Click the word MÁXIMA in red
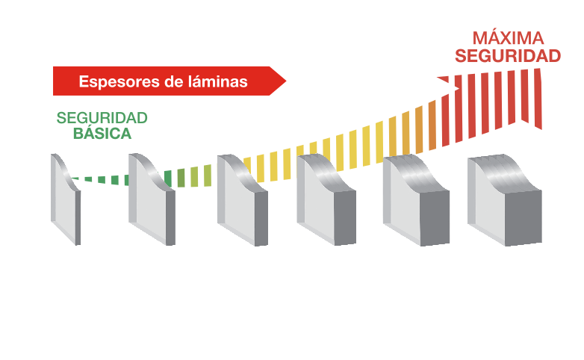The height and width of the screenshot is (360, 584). [x=507, y=37]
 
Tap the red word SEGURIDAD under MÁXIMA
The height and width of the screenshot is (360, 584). [x=508, y=56]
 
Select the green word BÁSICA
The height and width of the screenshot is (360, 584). [x=102, y=134]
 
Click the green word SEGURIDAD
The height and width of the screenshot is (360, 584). [x=102, y=119]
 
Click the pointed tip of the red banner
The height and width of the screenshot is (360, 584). [x=285, y=81]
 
